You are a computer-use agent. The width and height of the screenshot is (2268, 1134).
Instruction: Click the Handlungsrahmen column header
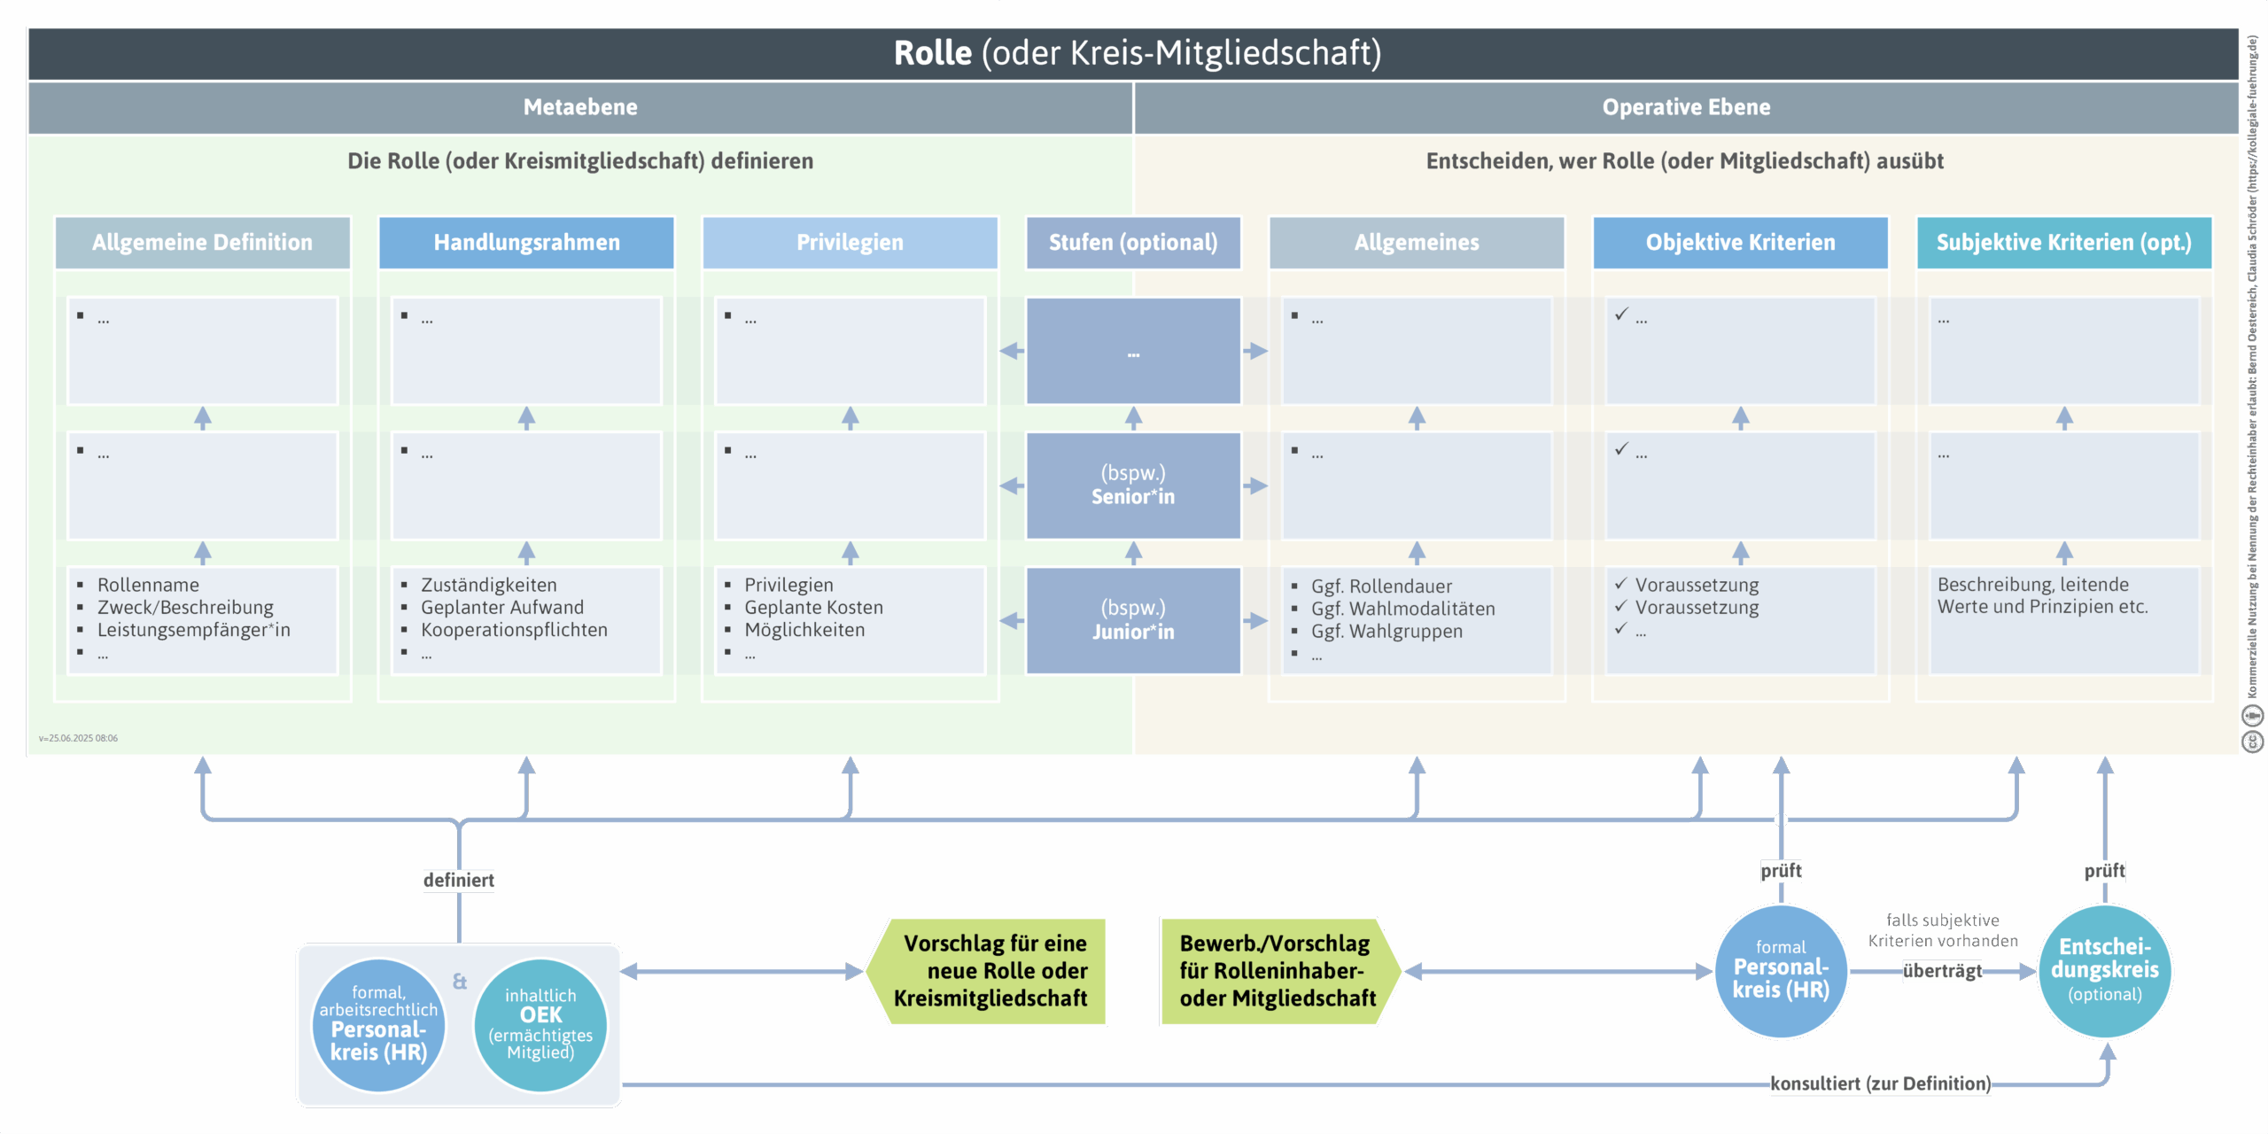click(526, 242)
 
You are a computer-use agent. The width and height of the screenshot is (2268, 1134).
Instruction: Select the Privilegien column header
click(850, 242)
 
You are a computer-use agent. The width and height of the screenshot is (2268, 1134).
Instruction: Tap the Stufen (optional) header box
click(1133, 242)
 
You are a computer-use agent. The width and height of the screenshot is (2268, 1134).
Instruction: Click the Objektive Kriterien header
click(1740, 242)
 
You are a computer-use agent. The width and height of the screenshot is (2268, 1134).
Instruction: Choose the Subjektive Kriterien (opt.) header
click(2063, 242)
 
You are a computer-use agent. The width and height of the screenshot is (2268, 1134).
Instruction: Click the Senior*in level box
click(1133, 485)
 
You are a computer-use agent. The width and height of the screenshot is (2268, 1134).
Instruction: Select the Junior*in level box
click(1133, 620)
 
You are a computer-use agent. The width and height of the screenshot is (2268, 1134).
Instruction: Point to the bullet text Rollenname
click(148, 585)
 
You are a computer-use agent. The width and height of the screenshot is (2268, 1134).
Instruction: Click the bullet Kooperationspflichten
click(514, 630)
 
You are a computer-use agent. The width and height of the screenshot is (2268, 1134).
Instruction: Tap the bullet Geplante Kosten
click(813, 608)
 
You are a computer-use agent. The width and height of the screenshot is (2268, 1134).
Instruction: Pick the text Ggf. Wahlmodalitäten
click(1402, 609)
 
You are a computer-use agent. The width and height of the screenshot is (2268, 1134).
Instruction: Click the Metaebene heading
click(580, 107)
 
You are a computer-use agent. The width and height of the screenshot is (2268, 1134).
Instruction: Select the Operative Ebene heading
click(1686, 107)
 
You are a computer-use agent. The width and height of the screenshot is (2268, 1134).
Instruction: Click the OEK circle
click(540, 1024)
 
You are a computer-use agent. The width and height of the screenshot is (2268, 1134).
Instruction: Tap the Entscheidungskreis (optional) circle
click(2104, 971)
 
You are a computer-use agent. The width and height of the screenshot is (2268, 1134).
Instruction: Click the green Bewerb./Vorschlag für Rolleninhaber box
click(1278, 971)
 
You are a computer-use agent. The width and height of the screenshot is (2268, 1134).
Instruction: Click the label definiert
click(458, 880)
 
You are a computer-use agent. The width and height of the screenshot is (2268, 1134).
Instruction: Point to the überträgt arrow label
click(1942, 971)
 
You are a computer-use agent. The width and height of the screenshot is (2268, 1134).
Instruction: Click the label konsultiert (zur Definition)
click(1880, 1084)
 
